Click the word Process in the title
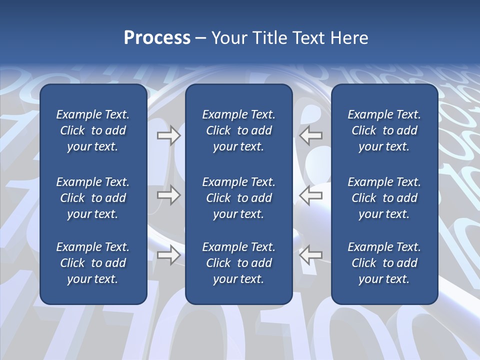click(x=157, y=38)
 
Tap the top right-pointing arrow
click(x=168, y=135)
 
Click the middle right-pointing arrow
click(x=168, y=195)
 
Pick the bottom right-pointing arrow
click(x=168, y=255)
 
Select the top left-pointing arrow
click(x=311, y=135)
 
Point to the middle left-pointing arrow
click(x=311, y=195)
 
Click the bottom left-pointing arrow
click(x=311, y=255)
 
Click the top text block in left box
click(x=93, y=130)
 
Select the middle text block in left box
click(x=93, y=198)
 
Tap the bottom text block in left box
click(x=93, y=263)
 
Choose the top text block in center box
click(x=238, y=130)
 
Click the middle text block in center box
click(x=238, y=198)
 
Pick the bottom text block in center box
click(x=238, y=263)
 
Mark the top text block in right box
click(x=384, y=130)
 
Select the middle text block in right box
click(x=384, y=198)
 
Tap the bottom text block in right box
click(x=384, y=263)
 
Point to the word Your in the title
click(x=228, y=38)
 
